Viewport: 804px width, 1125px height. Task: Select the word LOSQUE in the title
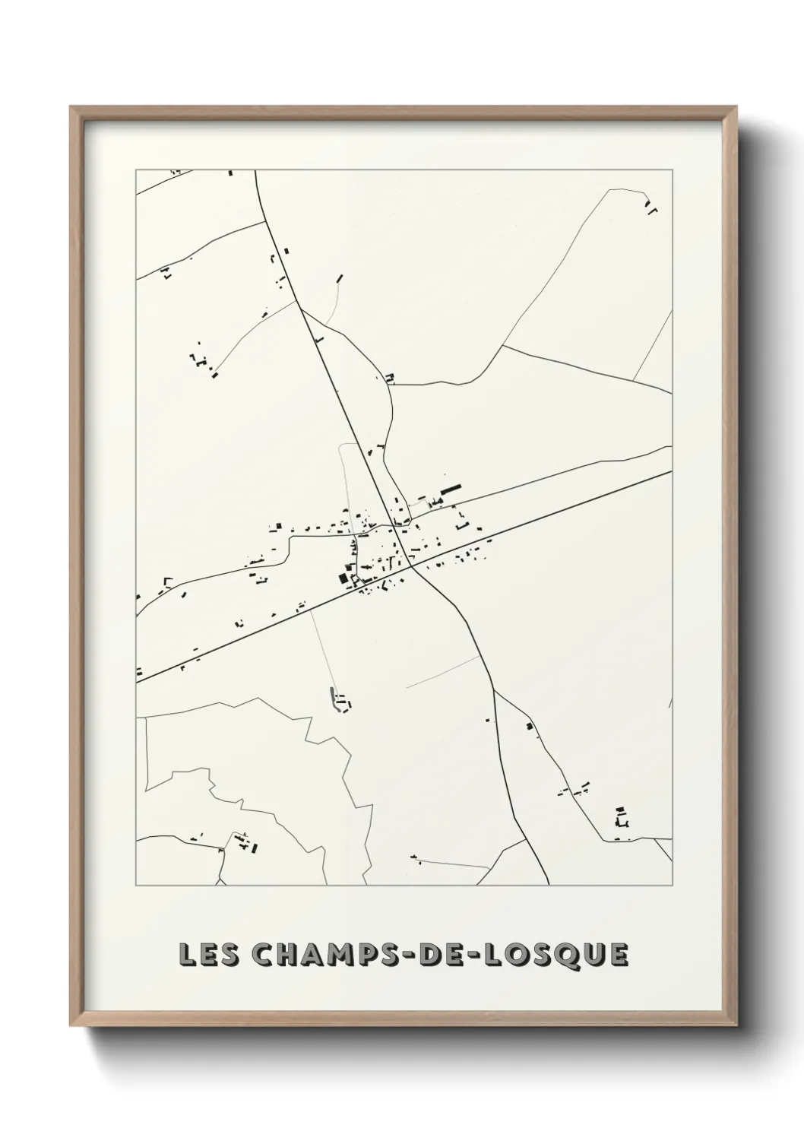click(x=557, y=954)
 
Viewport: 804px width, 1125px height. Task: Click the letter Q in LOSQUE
click(x=564, y=955)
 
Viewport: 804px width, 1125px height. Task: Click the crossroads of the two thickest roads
click(x=411, y=566)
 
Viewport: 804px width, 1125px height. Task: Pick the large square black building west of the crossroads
click(x=343, y=578)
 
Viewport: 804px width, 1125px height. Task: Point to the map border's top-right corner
click(x=672, y=170)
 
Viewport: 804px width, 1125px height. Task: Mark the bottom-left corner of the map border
click(x=136, y=886)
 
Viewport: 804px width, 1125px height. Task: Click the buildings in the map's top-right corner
click(x=650, y=207)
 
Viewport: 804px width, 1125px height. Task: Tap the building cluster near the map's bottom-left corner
click(x=245, y=842)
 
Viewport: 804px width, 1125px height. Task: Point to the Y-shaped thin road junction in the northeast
click(x=502, y=347)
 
